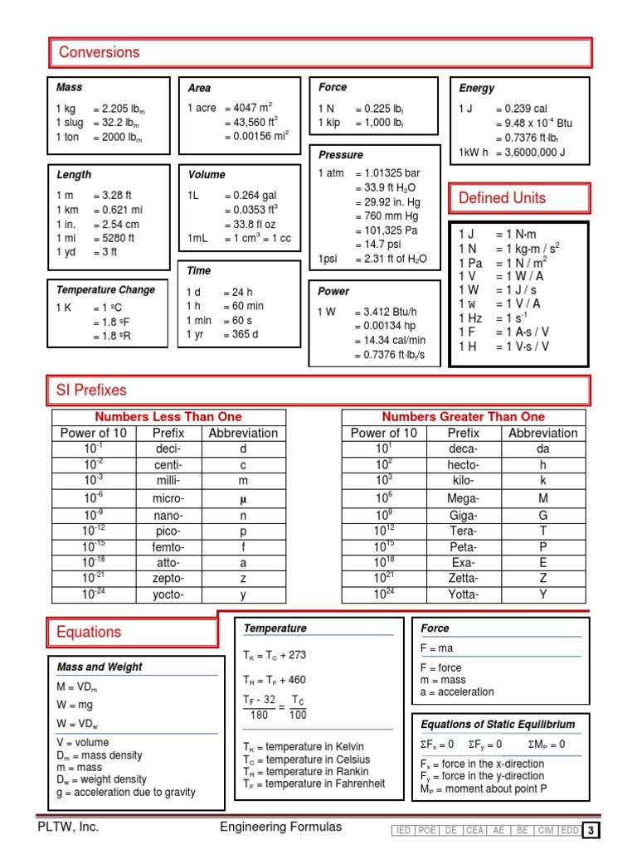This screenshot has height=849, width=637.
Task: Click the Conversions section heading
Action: click(99, 52)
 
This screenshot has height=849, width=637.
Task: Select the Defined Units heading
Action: click(502, 198)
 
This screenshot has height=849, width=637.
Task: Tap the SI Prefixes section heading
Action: click(91, 390)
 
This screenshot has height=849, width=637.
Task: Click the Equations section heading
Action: click(89, 632)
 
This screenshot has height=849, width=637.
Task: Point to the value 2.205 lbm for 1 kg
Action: click(119, 109)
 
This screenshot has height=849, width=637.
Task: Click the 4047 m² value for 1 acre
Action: click(253, 108)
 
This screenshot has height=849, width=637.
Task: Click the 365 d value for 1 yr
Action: click(246, 335)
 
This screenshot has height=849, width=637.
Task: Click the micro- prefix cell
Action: click(168, 498)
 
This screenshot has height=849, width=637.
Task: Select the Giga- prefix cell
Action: click(463, 514)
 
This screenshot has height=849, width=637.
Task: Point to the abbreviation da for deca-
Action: click(543, 449)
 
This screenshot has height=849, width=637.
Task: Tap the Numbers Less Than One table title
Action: click(168, 416)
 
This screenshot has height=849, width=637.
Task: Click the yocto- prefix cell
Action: click(168, 594)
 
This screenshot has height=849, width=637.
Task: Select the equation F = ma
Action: click(437, 648)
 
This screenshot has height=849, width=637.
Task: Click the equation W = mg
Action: click(75, 705)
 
